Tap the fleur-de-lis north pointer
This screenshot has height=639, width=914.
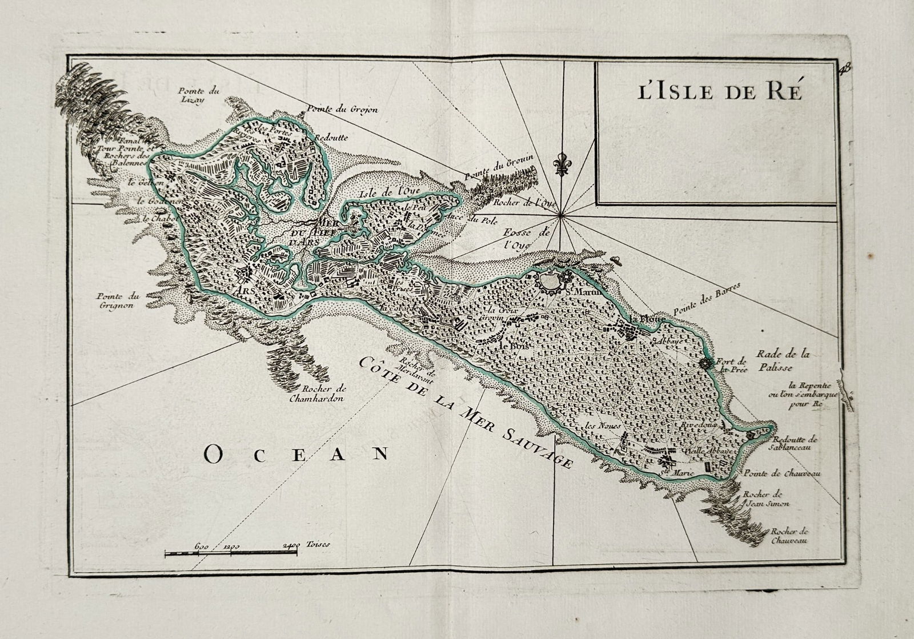click(562, 164)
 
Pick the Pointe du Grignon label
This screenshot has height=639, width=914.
click(115, 300)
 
